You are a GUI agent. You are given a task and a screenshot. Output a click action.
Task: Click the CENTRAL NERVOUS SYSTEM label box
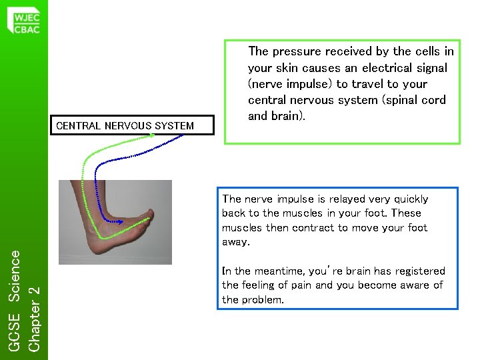[133, 125]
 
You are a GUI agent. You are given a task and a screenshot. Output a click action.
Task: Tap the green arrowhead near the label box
[152, 135]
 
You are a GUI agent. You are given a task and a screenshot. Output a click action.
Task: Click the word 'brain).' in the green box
[289, 116]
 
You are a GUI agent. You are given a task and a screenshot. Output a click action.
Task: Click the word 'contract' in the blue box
[313, 228]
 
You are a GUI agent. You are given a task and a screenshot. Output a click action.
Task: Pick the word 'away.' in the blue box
[236, 243]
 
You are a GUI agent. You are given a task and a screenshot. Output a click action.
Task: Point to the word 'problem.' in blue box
[262, 300]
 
